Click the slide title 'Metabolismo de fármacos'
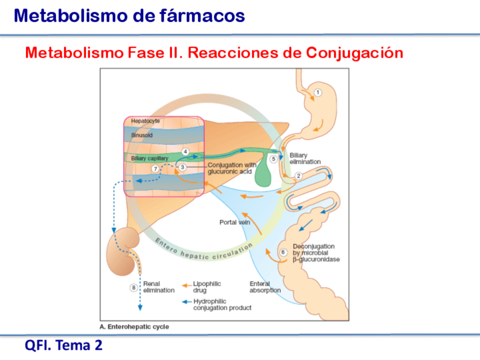(130, 16)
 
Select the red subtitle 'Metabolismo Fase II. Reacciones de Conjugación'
(214, 53)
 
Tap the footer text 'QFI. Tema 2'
(63, 345)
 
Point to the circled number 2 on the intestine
(298, 175)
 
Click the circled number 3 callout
(182, 167)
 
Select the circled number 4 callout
(185, 152)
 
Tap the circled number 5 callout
(274, 160)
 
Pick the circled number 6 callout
(284, 252)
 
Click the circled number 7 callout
(155, 169)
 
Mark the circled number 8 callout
(134, 288)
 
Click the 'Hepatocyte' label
(145, 121)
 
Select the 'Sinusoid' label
(142, 136)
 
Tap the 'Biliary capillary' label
(149, 158)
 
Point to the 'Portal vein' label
(234, 222)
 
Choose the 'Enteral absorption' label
(264, 287)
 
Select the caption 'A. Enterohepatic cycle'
(134, 327)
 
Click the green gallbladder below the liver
(262, 177)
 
